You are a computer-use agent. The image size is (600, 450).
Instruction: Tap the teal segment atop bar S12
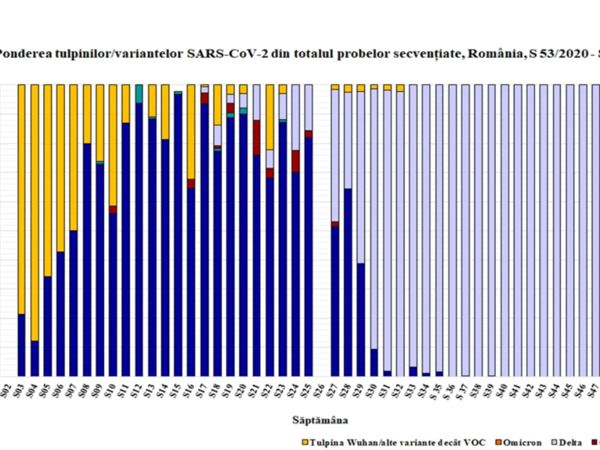click(139, 93)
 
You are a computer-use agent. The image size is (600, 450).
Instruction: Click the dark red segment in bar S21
click(256, 137)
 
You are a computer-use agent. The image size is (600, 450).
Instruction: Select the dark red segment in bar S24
click(295, 160)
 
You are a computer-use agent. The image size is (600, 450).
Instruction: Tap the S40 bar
click(504, 230)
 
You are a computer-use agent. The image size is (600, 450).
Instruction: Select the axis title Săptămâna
click(320, 420)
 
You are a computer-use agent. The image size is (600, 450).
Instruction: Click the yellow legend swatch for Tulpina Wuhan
click(305, 442)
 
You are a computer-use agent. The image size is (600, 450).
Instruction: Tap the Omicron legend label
click(522, 442)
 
